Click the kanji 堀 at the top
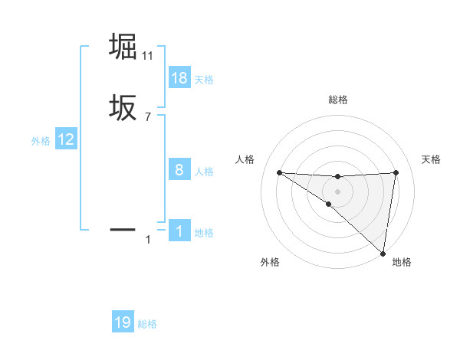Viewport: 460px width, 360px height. click(123, 46)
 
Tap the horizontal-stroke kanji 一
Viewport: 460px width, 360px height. click(123, 228)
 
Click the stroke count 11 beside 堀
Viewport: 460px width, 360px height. click(148, 56)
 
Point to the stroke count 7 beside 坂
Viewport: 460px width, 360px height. click(148, 117)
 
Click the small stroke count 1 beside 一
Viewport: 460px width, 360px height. click(148, 241)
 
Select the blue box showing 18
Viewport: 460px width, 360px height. click(179, 78)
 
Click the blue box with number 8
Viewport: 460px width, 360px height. click(179, 170)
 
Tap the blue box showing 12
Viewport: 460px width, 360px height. click(66, 139)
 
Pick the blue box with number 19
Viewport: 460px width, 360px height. click(123, 322)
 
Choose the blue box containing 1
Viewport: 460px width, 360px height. click(179, 231)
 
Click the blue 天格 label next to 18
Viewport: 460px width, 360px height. click(204, 80)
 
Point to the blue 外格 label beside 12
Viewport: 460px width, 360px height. click(41, 141)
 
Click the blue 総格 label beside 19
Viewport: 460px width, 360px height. click(147, 324)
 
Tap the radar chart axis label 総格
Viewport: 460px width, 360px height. click(337, 100)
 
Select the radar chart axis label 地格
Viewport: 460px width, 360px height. click(402, 262)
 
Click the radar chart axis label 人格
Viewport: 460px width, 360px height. click(245, 159)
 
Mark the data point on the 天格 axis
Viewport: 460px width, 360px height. click(396, 172)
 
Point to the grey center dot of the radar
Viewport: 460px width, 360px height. click(337, 191)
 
